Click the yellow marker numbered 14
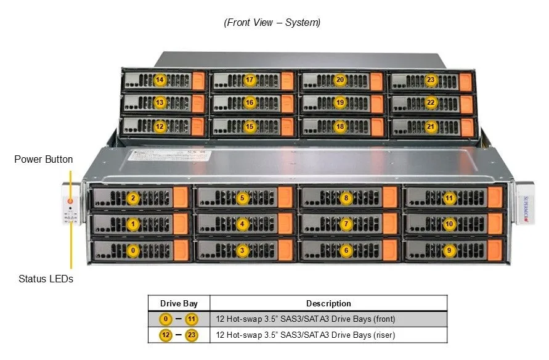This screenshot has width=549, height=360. pyautogui.click(x=160, y=80)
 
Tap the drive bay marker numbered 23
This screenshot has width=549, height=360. pyautogui.click(x=430, y=80)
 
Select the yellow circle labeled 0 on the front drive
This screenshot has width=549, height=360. pyautogui.click(x=132, y=250)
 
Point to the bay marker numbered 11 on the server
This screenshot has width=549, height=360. pyautogui.click(x=449, y=198)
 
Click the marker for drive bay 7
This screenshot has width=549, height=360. pyautogui.click(x=346, y=224)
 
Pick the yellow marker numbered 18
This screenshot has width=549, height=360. pyautogui.click(x=340, y=126)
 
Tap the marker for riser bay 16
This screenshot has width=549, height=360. pyautogui.click(x=250, y=102)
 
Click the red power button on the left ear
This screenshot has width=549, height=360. pyautogui.click(x=70, y=201)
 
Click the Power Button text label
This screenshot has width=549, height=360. pyautogui.click(x=43, y=159)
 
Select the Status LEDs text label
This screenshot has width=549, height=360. pyautogui.click(x=46, y=279)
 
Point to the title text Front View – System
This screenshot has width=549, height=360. pyautogui.click(x=272, y=22)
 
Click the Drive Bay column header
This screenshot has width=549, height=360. pyautogui.click(x=179, y=303)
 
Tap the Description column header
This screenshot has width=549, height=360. pyautogui.click(x=328, y=303)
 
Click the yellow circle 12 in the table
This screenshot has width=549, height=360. pyautogui.click(x=166, y=335)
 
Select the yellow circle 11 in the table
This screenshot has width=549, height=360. pyautogui.click(x=191, y=319)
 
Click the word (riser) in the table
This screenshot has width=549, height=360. pyautogui.click(x=384, y=335)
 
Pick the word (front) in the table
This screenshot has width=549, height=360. pyautogui.click(x=384, y=319)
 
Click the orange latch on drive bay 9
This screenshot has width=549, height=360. pyautogui.click(x=495, y=250)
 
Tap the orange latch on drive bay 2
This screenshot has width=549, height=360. pyautogui.click(x=181, y=197)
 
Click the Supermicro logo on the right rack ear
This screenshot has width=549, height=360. pyautogui.click(x=526, y=209)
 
